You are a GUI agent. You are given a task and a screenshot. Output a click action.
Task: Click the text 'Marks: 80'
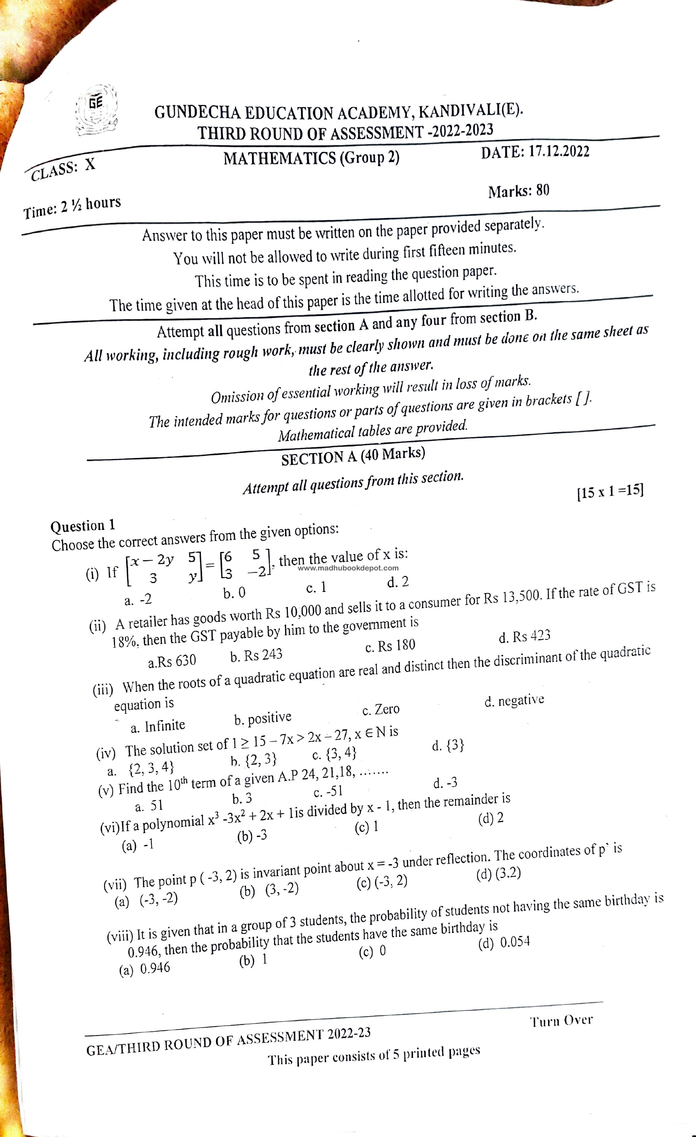tap(518, 191)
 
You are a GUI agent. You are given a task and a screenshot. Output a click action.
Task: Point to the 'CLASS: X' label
tap(63, 170)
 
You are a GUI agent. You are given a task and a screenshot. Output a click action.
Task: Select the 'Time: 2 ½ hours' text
tap(72, 207)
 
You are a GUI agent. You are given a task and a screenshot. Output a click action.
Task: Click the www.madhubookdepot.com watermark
tap(348, 568)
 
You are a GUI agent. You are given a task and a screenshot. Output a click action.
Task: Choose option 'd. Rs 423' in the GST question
tap(524, 636)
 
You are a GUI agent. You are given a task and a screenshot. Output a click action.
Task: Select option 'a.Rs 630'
tap(172, 661)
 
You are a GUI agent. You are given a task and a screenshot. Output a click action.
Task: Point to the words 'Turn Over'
tap(561, 1020)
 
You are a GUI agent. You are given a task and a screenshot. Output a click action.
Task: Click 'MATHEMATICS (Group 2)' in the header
tap(312, 158)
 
